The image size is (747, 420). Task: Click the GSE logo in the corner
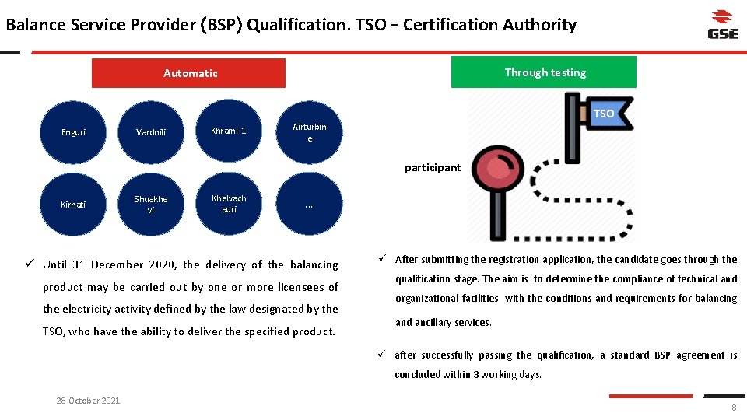pos(723,24)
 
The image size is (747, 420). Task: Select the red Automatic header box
pos(189,73)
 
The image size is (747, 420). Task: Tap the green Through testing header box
pos(544,72)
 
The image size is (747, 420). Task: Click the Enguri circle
pos(73,132)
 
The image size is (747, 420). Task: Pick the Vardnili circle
pos(151,132)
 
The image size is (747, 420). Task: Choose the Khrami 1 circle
pos(229,131)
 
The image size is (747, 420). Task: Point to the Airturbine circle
pos(309,132)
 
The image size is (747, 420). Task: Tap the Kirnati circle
pos(73,205)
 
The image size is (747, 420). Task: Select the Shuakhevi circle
pos(151,205)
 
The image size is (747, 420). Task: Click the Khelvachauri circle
pos(229,204)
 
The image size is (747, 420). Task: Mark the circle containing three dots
pos(309,205)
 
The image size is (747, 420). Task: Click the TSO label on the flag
pos(604,114)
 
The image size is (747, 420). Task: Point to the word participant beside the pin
pos(433,167)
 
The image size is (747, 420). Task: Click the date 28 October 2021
pos(88,401)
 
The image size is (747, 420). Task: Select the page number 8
pos(733,408)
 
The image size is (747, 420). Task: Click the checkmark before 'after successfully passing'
pos(383,355)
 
